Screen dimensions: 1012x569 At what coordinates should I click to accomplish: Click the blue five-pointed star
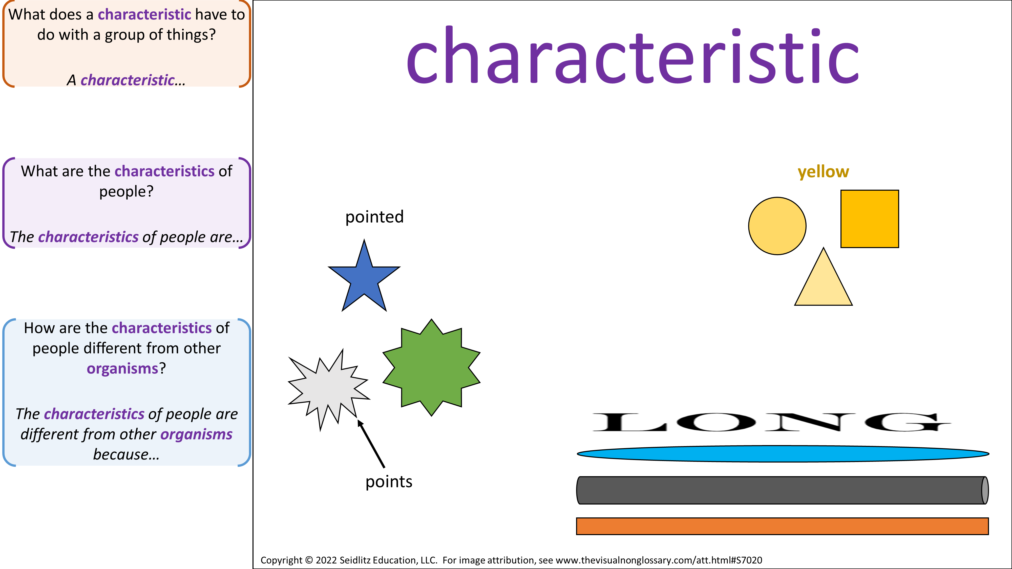click(x=364, y=279)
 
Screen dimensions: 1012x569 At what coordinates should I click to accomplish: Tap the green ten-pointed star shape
click(x=431, y=367)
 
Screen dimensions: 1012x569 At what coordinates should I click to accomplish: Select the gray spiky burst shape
click(x=328, y=389)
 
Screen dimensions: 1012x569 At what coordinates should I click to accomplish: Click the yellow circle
click(x=777, y=226)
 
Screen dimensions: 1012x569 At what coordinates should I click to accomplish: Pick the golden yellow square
click(x=869, y=219)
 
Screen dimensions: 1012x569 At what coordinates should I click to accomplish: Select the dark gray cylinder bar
click(x=783, y=490)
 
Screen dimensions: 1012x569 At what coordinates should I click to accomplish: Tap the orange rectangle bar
click(x=782, y=526)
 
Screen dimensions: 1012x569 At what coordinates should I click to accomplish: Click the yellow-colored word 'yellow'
click(x=824, y=172)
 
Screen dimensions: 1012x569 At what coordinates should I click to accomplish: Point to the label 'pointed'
click(x=374, y=217)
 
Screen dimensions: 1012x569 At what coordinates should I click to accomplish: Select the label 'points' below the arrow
click(x=389, y=482)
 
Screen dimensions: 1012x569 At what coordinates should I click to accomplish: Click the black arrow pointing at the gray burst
click(x=371, y=443)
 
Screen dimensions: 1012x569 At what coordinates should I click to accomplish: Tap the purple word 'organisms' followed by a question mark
click(x=122, y=369)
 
